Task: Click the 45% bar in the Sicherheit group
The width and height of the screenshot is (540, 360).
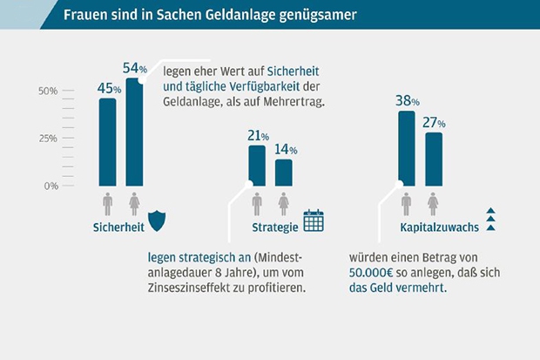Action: pos(107,142)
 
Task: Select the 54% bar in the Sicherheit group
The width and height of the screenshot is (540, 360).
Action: pos(134,132)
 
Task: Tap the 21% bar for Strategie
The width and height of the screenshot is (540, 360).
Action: pos(257,166)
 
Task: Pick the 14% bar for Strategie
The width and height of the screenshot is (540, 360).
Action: pos(284,173)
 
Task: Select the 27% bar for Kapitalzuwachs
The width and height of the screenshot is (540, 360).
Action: pos(434,159)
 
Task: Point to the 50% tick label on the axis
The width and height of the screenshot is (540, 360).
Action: pos(47,91)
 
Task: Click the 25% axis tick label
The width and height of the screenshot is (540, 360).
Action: pos(47,139)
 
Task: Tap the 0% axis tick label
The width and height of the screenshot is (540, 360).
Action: pos(51,186)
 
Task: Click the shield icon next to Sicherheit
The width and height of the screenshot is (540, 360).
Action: pos(157,221)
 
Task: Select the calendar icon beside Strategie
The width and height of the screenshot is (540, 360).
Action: pos(313,221)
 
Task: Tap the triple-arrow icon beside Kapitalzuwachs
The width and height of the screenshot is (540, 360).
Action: pos(490,221)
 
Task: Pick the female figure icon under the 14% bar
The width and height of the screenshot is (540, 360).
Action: pos(284,204)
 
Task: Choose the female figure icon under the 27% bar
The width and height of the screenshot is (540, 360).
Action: pos(434,204)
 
